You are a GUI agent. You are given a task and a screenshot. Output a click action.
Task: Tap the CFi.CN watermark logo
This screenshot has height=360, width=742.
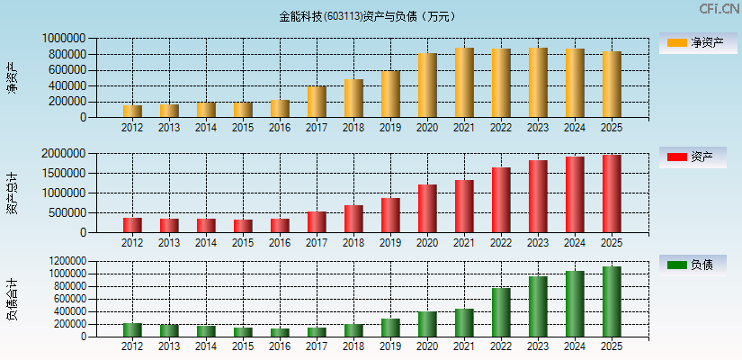719,9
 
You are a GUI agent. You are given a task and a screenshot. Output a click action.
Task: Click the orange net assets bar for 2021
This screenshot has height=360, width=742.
464,83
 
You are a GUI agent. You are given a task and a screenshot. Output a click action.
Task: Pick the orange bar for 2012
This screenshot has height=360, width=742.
132,112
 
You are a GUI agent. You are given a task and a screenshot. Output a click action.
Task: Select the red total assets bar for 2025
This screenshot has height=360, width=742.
612,193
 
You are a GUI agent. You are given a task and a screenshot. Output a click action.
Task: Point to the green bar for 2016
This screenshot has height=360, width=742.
280,332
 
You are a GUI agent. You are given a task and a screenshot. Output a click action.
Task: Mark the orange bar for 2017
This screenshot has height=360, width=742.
317,102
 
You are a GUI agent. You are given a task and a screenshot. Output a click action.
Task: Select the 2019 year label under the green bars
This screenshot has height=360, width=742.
390,346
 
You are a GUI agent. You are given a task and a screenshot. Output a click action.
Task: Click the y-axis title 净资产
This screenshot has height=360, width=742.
12,77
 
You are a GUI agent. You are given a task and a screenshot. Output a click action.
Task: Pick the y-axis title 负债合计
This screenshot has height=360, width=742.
12,300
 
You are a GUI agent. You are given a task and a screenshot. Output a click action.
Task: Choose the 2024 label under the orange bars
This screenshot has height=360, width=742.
575,128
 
